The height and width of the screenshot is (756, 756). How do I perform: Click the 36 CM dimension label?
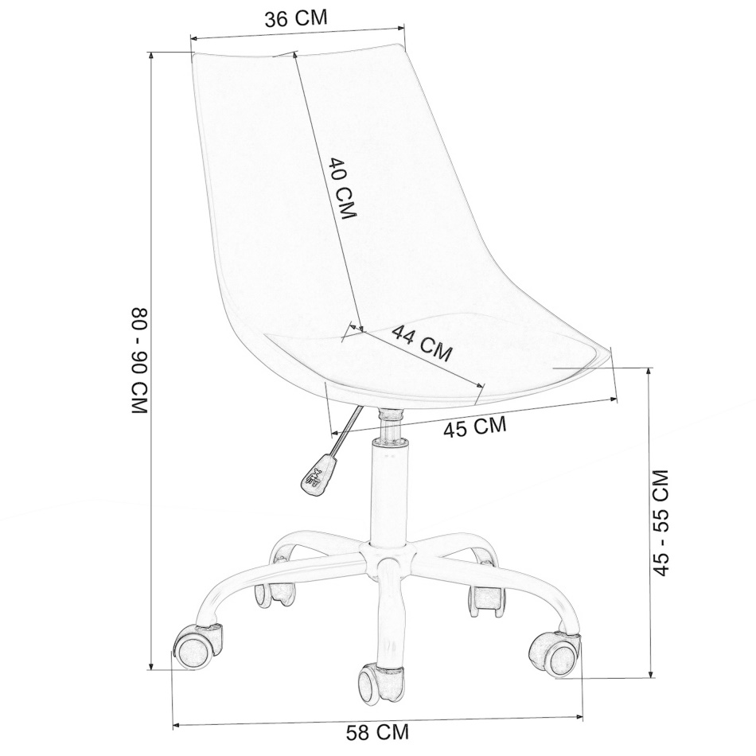(296, 19)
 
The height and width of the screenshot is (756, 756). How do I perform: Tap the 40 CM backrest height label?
(341, 188)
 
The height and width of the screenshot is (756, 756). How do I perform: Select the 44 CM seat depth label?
(423, 342)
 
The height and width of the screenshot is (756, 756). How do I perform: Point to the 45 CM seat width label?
(475, 427)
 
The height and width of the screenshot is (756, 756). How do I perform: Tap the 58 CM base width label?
(377, 732)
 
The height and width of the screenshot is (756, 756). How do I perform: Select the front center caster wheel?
(381, 684)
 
